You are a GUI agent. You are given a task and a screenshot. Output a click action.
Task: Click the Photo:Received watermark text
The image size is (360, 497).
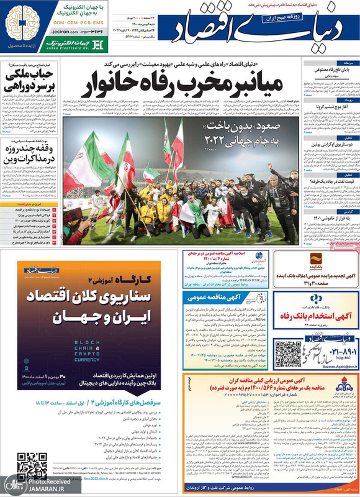click(40, 481)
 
